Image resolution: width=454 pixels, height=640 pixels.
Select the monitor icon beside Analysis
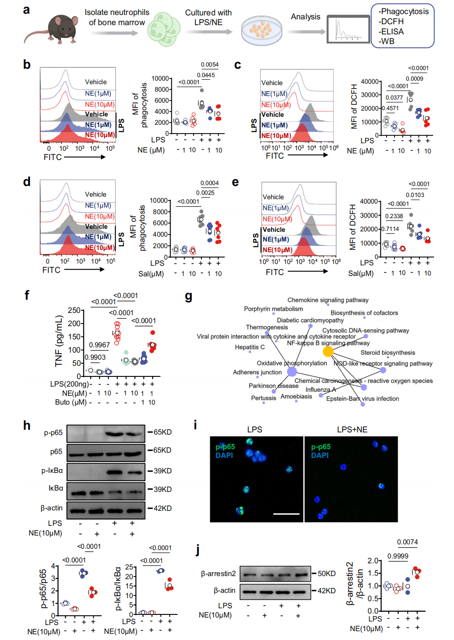point(348,29)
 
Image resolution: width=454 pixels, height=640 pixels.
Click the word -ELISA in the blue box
point(391,32)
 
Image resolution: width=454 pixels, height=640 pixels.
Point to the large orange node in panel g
point(328,351)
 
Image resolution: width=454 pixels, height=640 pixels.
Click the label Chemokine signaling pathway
point(328,300)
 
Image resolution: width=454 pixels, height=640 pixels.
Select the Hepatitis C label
point(249,347)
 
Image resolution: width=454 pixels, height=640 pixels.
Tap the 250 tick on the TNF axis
point(74,311)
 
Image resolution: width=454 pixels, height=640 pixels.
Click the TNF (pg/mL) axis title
point(59,341)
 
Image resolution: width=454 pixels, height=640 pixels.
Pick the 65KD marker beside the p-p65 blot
point(162,432)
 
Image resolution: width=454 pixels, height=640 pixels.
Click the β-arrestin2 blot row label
point(218,573)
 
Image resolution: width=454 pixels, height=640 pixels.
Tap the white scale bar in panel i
point(286,514)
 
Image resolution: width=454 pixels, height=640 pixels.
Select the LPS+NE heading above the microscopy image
point(352,429)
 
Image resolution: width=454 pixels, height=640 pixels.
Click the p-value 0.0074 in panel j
point(407,542)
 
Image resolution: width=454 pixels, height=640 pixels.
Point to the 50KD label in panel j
point(326,573)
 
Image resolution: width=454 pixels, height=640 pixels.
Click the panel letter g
point(189,296)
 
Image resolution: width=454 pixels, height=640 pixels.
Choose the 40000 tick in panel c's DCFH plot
point(369,82)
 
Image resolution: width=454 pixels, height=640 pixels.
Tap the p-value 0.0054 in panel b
point(210,65)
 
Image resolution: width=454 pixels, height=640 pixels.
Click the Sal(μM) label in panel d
point(151,274)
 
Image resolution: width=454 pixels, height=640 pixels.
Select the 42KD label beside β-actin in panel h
point(162,508)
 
